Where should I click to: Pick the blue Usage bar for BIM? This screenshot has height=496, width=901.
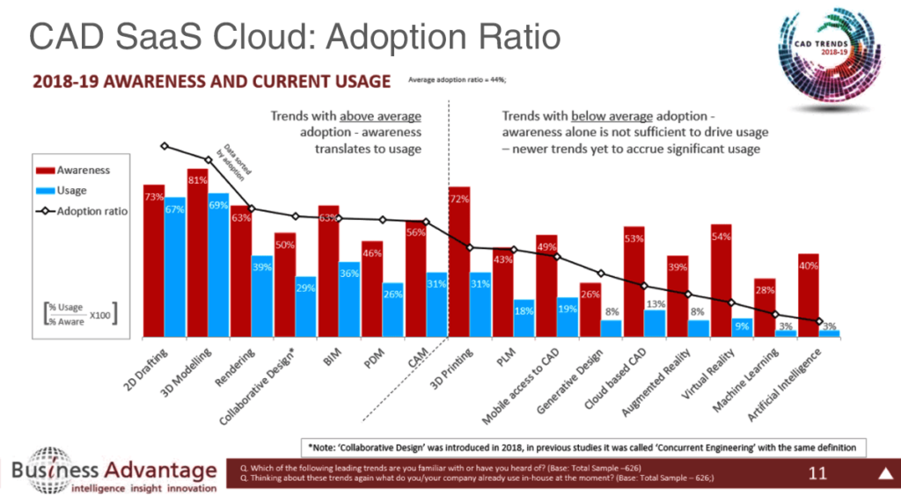(348, 299)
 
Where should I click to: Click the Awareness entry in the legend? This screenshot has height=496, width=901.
(79, 170)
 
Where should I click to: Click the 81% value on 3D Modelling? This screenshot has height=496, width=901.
(197, 181)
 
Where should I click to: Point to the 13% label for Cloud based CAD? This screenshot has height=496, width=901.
(656, 304)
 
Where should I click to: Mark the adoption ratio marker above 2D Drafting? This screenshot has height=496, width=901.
(165, 146)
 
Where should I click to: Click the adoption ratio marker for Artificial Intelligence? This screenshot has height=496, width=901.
(819, 321)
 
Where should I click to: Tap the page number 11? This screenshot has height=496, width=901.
(817, 475)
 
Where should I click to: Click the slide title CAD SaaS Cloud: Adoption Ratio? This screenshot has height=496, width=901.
(296, 37)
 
